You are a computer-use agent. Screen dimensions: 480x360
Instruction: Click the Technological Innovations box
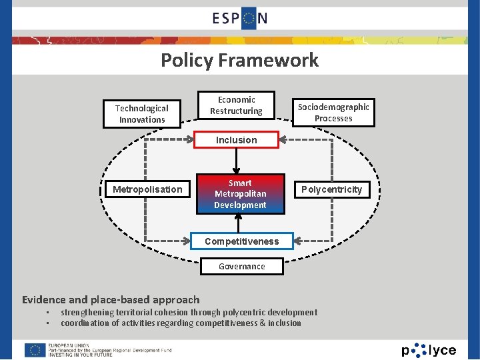(x=142, y=113)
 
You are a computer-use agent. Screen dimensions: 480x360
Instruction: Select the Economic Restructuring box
(x=236, y=105)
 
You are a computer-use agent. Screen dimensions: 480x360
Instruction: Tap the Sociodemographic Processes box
(x=333, y=112)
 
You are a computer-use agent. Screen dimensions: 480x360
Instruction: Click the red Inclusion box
(x=236, y=140)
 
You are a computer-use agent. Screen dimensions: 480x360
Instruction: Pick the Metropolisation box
(x=147, y=189)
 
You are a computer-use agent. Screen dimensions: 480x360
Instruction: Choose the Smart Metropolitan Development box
(x=240, y=194)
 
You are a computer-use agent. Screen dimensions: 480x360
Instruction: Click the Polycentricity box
(x=331, y=189)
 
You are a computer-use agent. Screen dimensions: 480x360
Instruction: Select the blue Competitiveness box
(x=241, y=241)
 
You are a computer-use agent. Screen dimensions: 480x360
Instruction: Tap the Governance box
(x=242, y=266)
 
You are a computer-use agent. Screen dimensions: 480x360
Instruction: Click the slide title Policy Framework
(x=240, y=61)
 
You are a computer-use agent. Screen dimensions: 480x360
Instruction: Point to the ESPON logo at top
(x=240, y=18)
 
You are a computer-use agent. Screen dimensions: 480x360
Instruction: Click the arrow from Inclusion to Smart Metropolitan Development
(x=236, y=163)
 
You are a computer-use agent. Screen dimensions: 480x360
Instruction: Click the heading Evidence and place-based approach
(x=111, y=299)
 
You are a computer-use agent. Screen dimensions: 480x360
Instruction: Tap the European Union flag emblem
(x=35, y=350)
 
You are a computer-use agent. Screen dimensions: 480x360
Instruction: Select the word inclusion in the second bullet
(x=285, y=323)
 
